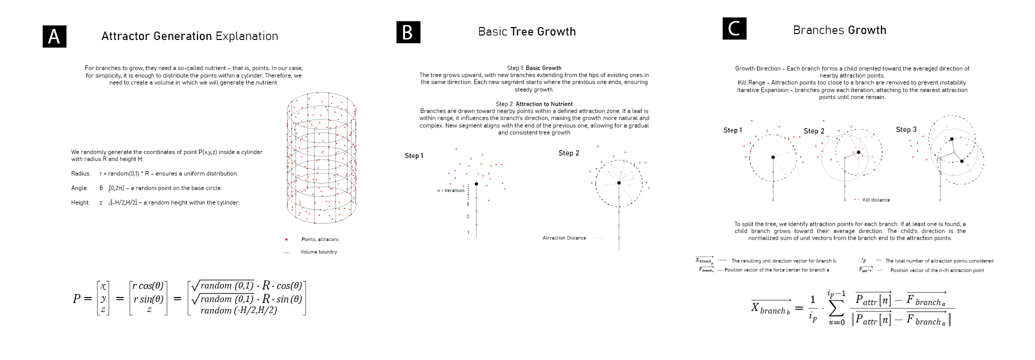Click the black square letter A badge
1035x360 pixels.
click(54, 36)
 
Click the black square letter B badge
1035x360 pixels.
click(408, 32)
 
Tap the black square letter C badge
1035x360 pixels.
click(734, 28)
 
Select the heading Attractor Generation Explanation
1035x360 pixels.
click(189, 36)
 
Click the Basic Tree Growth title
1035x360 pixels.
click(526, 31)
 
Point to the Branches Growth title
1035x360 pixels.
click(839, 30)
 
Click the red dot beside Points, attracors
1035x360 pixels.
click(286, 239)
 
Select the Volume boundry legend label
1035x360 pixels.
click(318, 252)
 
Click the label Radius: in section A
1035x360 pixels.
click(81, 173)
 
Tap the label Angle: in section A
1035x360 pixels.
click(79, 188)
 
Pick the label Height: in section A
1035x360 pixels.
click(80, 202)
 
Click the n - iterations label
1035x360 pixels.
click(450, 190)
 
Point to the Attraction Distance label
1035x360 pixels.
click(564, 238)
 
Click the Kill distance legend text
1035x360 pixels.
click(876, 200)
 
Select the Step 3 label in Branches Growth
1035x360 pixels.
click(906, 129)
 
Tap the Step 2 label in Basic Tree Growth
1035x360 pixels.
click(568, 153)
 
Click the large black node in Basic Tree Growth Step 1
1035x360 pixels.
click(476, 184)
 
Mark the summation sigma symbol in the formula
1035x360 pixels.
click(836, 308)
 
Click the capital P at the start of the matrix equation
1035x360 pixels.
click(76, 298)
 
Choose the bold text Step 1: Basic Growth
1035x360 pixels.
click(534, 68)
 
